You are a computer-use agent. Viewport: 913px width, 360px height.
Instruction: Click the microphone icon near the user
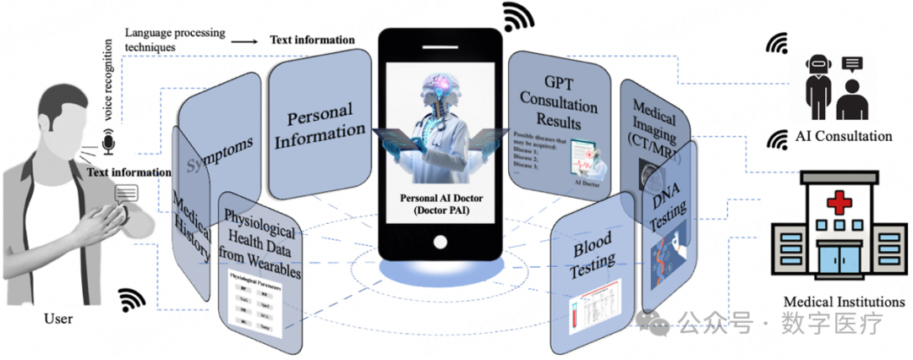tap(108, 145)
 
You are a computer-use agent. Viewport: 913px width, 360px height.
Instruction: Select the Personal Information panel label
tap(325, 123)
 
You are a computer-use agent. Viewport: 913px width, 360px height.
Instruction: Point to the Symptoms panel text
tap(218, 153)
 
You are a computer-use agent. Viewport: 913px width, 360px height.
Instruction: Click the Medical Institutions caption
tap(844, 302)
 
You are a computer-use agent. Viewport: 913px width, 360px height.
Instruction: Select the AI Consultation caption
tap(843, 136)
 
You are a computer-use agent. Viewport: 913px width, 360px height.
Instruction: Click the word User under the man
tap(57, 319)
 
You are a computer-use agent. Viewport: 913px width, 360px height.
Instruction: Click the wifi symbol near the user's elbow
tap(131, 299)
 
